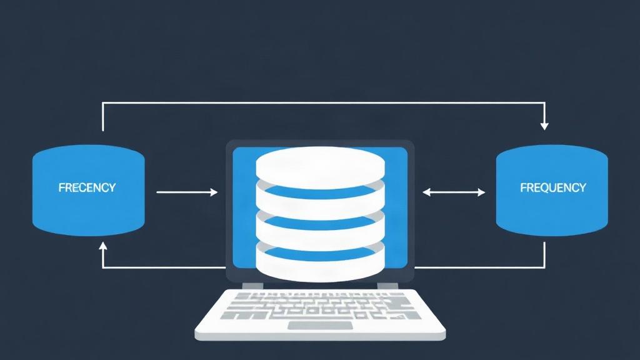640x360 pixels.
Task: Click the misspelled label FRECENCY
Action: pyautogui.click(x=87, y=187)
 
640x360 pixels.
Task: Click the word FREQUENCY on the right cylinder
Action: pyautogui.click(x=553, y=187)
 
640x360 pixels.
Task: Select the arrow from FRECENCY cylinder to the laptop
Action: pyautogui.click(x=187, y=192)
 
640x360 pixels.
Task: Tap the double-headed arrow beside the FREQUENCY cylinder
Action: pyautogui.click(x=454, y=192)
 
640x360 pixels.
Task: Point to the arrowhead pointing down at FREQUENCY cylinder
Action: pyautogui.click(x=544, y=126)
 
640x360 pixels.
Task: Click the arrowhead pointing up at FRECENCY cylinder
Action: pyautogui.click(x=103, y=246)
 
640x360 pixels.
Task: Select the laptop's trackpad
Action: pyautogui.click(x=320, y=325)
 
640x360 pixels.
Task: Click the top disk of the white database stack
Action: pyautogui.click(x=321, y=167)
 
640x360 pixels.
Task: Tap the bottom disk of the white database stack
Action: pyautogui.click(x=321, y=265)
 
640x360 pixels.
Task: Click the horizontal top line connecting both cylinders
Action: pyautogui.click(x=323, y=102)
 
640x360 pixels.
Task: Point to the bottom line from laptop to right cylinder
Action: pyautogui.click(x=479, y=267)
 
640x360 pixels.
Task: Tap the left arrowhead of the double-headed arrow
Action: pyautogui.click(x=426, y=192)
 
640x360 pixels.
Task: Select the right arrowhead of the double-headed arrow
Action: pyautogui.click(x=481, y=192)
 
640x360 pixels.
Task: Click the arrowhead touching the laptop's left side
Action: pyautogui.click(x=214, y=192)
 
